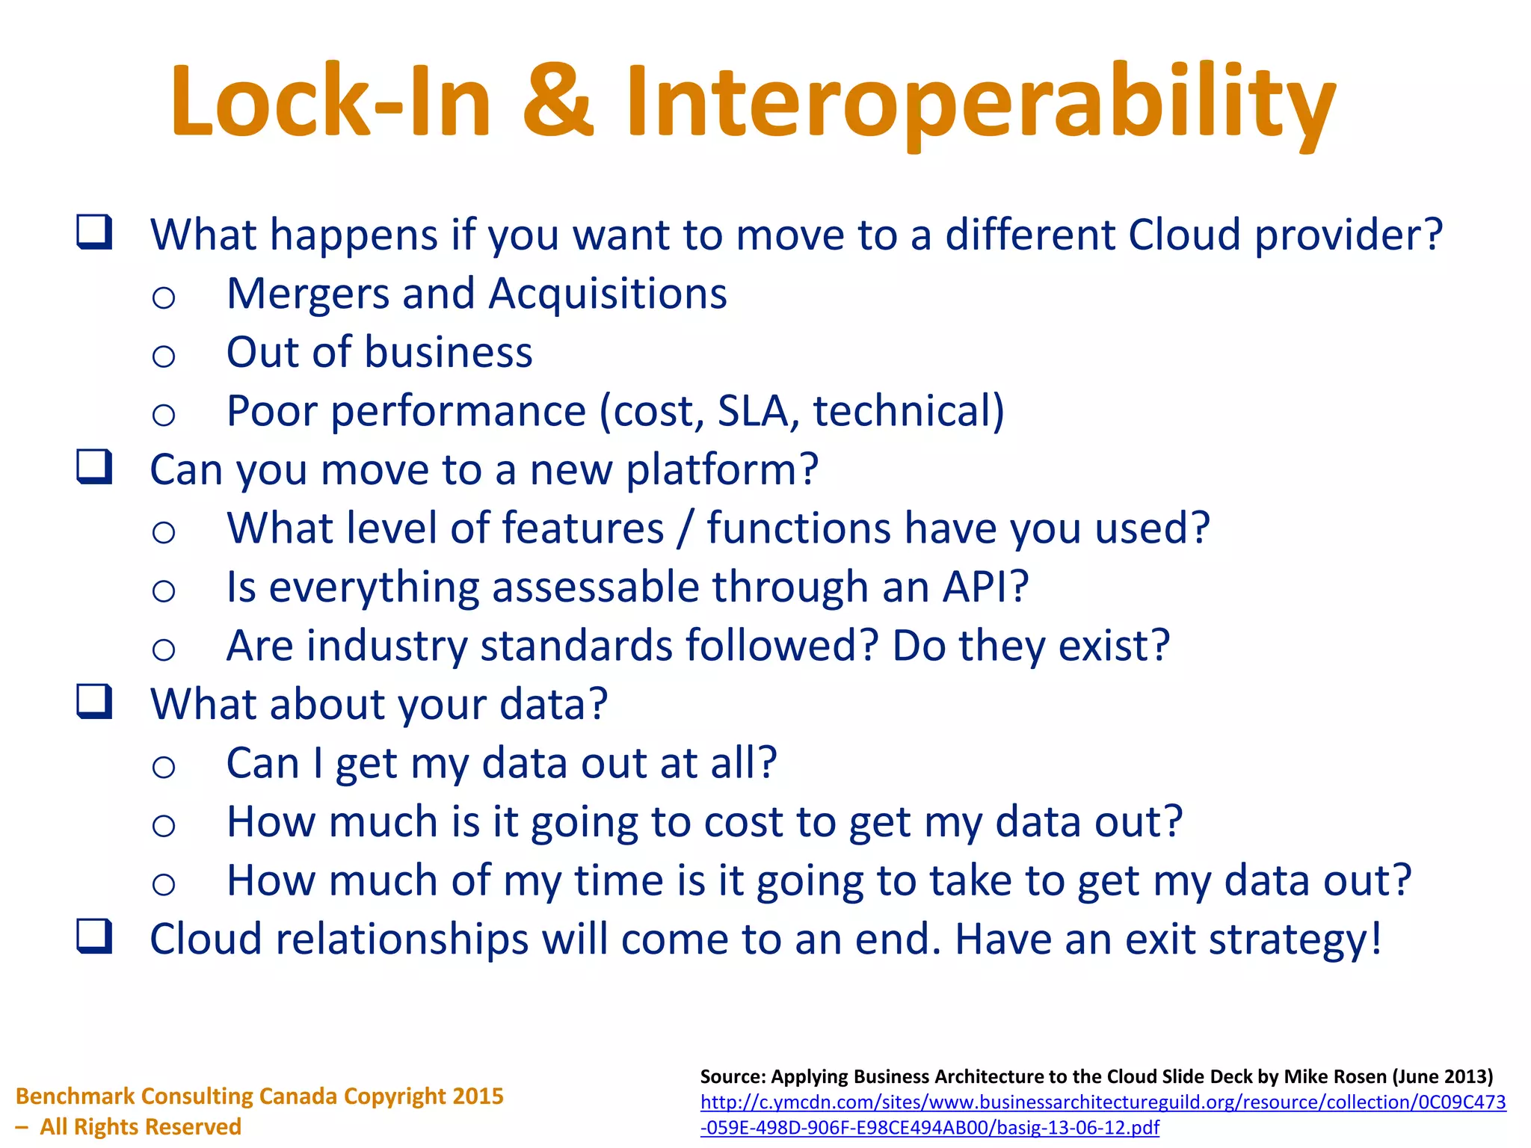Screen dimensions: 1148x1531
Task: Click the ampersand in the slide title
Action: tap(558, 101)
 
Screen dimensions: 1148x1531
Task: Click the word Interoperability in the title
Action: tap(980, 105)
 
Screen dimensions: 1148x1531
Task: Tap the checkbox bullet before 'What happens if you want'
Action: tap(95, 232)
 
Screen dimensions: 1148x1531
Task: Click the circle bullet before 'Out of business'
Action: tap(164, 356)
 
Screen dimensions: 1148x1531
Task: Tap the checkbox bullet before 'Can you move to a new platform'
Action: tap(95, 467)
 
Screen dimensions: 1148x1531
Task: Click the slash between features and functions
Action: tap(685, 529)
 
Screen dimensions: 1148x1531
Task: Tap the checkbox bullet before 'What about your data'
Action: tap(95, 702)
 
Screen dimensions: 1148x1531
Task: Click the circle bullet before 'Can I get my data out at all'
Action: tap(164, 767)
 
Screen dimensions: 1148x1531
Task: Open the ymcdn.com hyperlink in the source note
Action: tap(1103, 1102)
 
